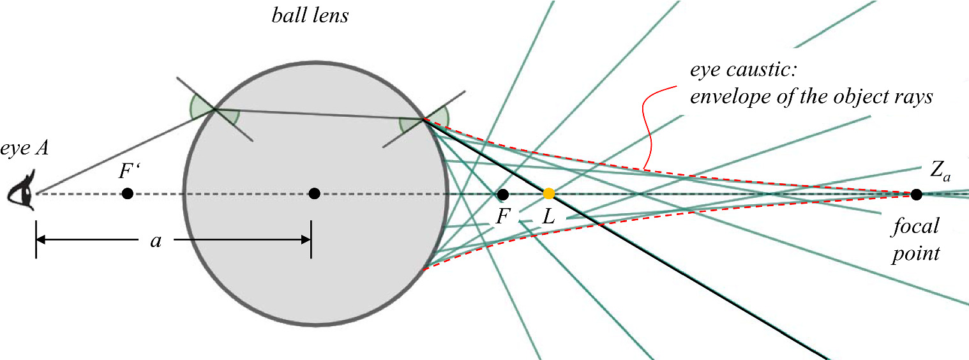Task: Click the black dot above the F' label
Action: pyautogui.click(x=128, y=193)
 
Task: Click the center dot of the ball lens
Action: pyautogui.click(x=313, y=193)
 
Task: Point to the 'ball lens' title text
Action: pyautogui.click(x=310, y=15)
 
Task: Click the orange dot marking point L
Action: pyautogui.click(x=548, y=193)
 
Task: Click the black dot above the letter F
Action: pyautogui.click(x=502, y=193)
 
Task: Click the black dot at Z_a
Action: pyautogui.click(x=916, y=193)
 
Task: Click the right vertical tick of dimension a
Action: pyautogui.click(x=311, y=240)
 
